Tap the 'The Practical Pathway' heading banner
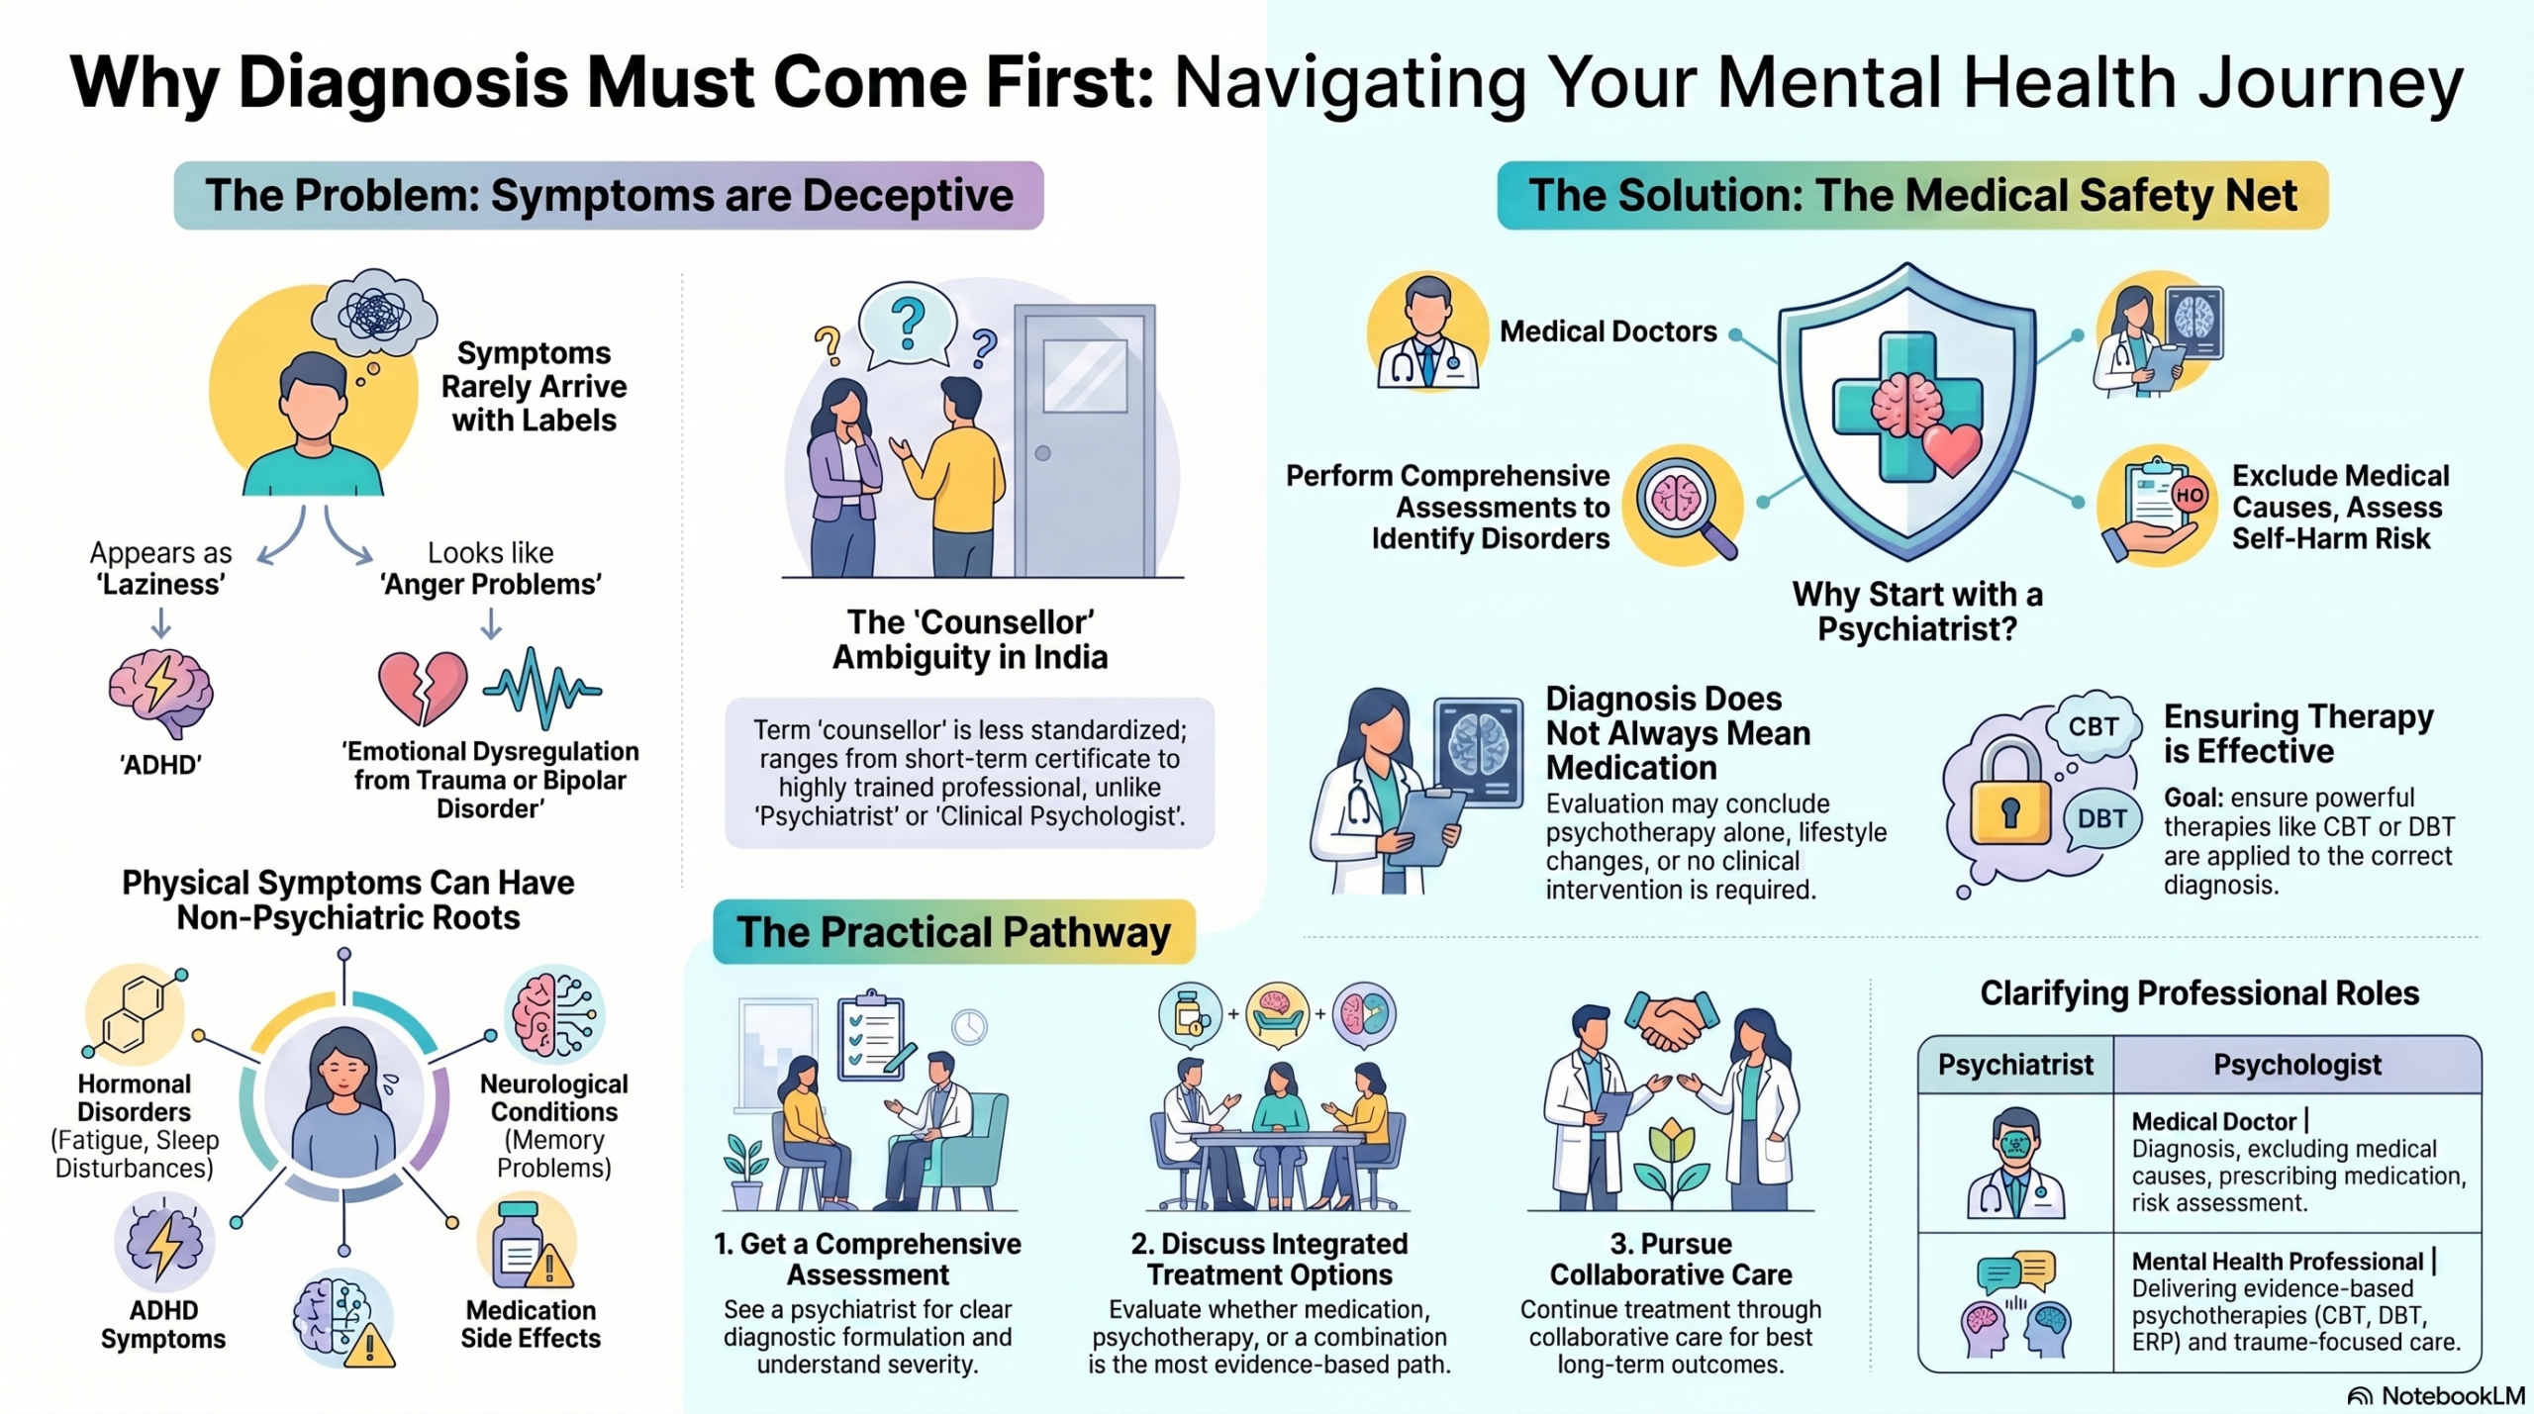point(954,932)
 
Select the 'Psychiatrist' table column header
point(2015,1065)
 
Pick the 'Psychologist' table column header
point(2297,1065)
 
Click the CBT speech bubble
point(2094,726)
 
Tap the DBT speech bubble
point(2101,818)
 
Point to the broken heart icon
point(423,687)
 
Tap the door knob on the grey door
point(1042,453)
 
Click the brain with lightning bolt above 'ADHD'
point(161,693)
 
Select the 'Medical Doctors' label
point(1608,331)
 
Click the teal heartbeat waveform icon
point(542,687)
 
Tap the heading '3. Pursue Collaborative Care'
point(1671,1259)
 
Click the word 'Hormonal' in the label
point(135,1084)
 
